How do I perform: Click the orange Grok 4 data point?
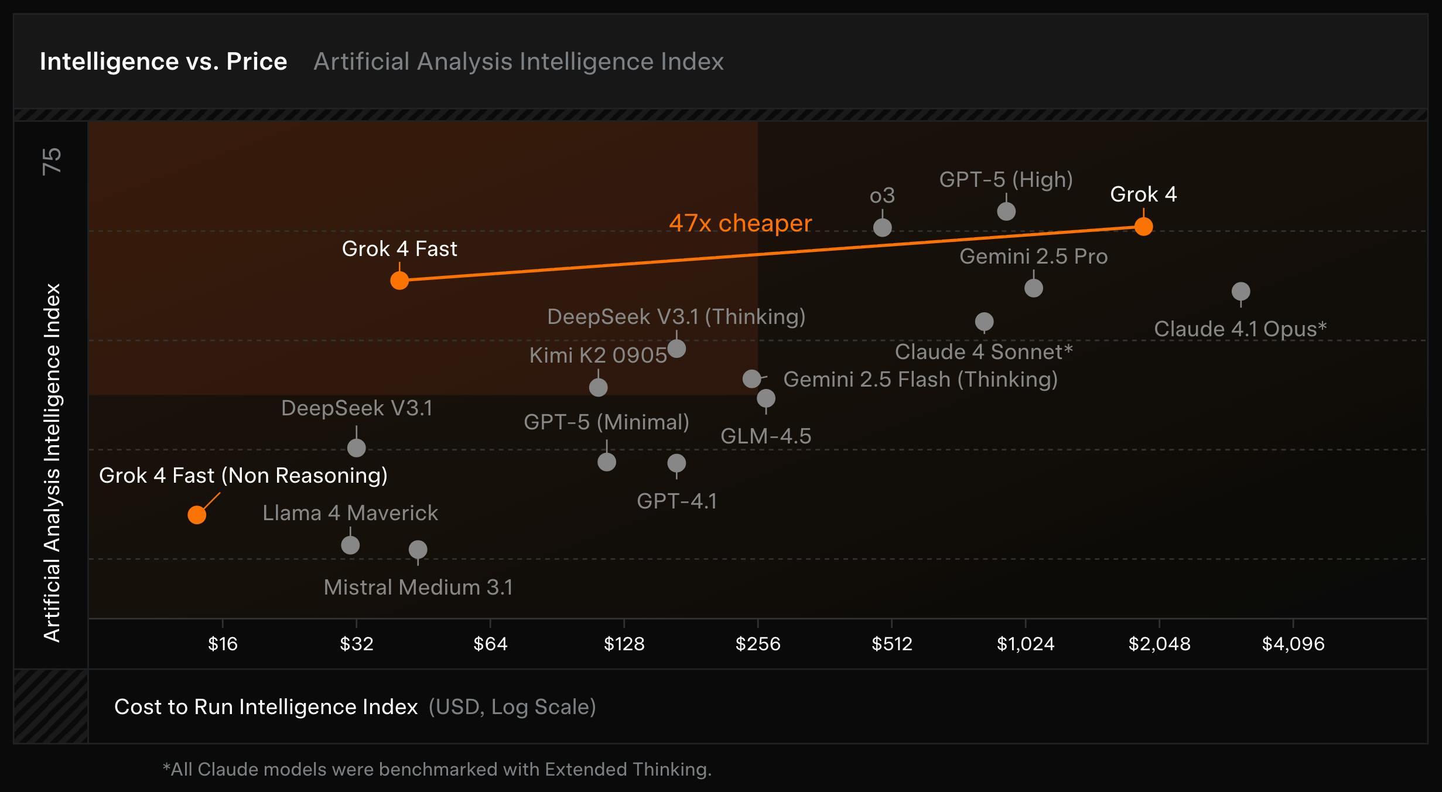click(1143, 226)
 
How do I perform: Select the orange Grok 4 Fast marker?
click(399, 281)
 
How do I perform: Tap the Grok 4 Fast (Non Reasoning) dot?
click(197, 515)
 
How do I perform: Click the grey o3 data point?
click(882, 227)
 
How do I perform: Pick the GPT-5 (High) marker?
click(1006, 211)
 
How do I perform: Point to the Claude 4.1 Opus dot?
click(1241, 291)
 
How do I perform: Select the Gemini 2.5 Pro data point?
click(1034, 288)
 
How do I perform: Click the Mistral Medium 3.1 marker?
click(418, 549)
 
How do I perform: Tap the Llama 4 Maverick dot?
click(350, 545)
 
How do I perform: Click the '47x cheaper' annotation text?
click(740, 223)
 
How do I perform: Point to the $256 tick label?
click(758, 644)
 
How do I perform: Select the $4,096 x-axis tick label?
click(1293, 644)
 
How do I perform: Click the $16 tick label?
click(223, 644)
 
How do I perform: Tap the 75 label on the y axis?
click(52, 161)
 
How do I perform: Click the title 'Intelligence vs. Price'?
click(163, 62)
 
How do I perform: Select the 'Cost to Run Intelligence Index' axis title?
click(266, 707)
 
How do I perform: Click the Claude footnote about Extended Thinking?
click(437, 769)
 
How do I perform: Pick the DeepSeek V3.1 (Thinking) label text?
click(676, 317)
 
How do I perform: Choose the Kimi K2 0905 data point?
click(598, 387)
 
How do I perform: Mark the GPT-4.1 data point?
click(676, 463)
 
